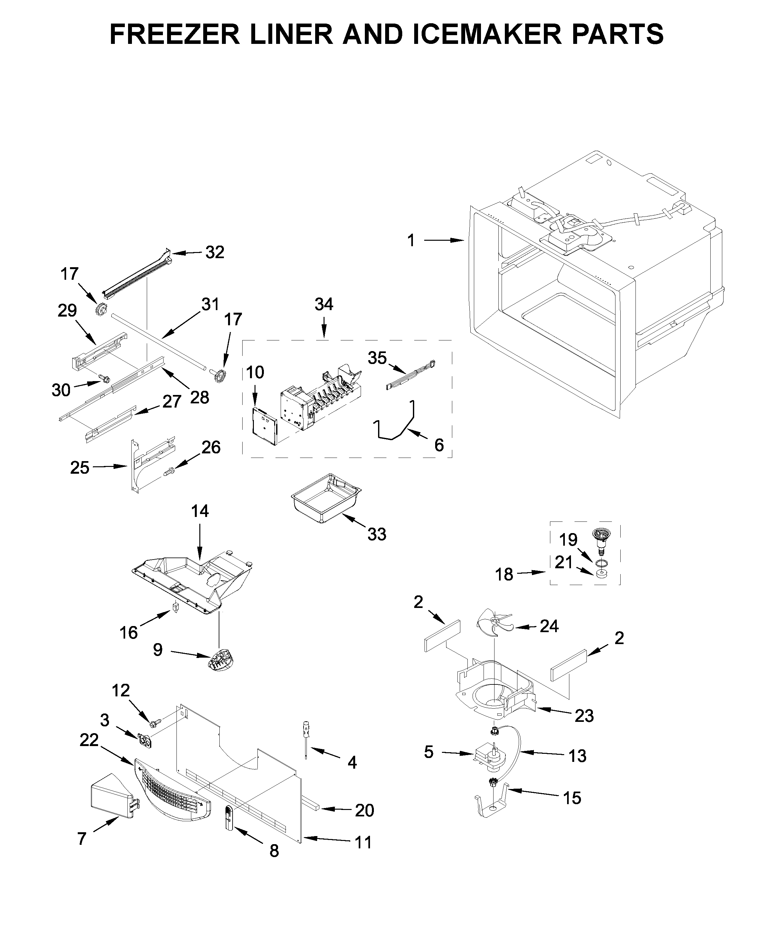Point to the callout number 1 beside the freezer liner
click(x=411, y=240)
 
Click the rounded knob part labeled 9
click(x=220, y=662)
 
